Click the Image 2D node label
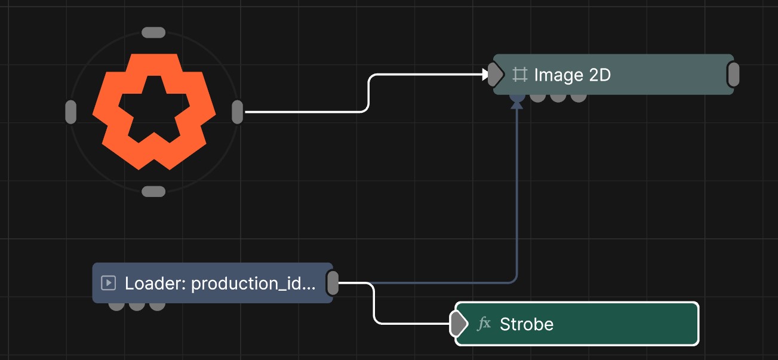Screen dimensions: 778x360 [x=572, y=75]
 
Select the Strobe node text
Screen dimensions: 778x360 [x=527, y=324]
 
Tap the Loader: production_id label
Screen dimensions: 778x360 [x=220, y=284]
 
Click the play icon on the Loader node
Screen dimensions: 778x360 [x=108, y=282]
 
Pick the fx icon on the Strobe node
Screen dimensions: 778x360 [x=484, y=324]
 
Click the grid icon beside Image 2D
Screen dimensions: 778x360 [x=520, y=75]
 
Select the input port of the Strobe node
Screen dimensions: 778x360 [x=459, y=324]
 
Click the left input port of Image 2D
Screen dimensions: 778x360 [x=496, y=74]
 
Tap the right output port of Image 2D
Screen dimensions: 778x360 [x=733, y=74]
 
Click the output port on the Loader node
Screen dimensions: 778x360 [x=333, y=283]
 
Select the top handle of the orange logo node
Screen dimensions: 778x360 [x=153, y=32]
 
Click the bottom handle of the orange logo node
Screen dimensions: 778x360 [x=153, y=191]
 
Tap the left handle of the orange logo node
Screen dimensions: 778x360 [x=71, y=112]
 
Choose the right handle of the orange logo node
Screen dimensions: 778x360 [x=237, y=112]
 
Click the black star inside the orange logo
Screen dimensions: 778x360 [x=154, y=107]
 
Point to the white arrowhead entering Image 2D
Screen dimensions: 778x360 [x=485, y=74]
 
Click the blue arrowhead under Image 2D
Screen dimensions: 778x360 [x=517, y=104]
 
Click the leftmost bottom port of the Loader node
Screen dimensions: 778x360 [x=116, y=306]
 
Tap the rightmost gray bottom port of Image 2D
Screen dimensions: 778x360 [x=579, y=98]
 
